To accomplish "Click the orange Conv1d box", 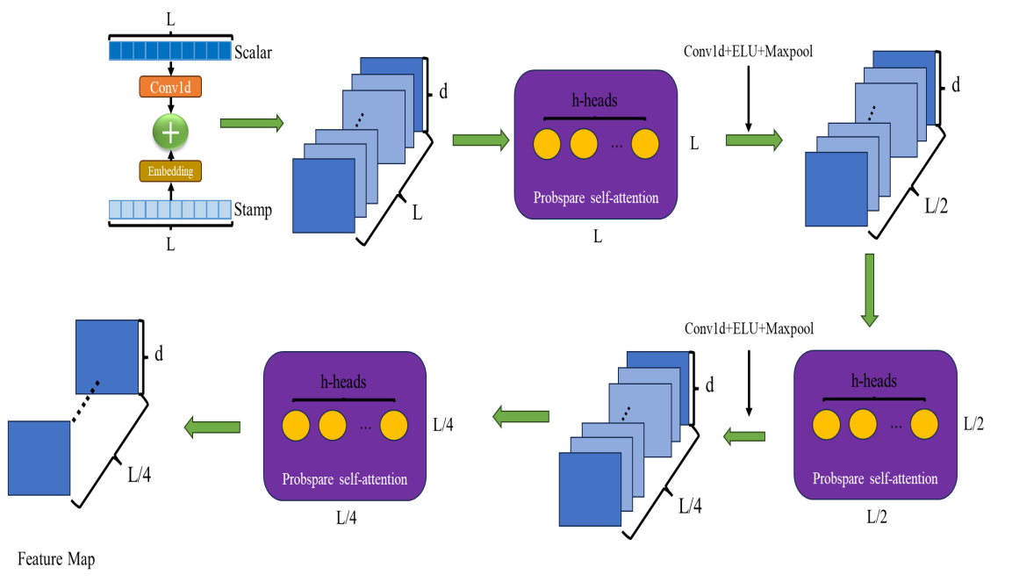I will click(170, 87).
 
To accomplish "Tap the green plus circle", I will click(170, 132).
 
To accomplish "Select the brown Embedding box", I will click(170, 171).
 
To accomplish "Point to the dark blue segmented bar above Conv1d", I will click(170, 51).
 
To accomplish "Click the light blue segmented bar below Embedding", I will click(170, 210).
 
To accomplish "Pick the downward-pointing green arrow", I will click(869, 291).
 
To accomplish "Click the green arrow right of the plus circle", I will click(252, 123).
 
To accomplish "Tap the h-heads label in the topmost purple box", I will click(594, 101).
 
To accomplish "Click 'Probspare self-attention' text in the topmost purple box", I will click(596, 198).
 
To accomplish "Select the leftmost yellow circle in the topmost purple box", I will click(547, 144).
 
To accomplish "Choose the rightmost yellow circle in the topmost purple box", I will click(645, 144).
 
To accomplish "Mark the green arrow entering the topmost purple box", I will click(480, 140).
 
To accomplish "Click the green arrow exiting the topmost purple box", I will click(754, 140).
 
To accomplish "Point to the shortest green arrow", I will click(743, 436).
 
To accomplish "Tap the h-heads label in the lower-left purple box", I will click(343, 382).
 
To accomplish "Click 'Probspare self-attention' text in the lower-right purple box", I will click(875, 479).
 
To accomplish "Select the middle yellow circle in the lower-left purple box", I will click(333, 426).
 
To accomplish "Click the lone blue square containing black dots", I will click(107, 356).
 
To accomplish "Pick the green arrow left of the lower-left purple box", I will click(212, 428).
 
